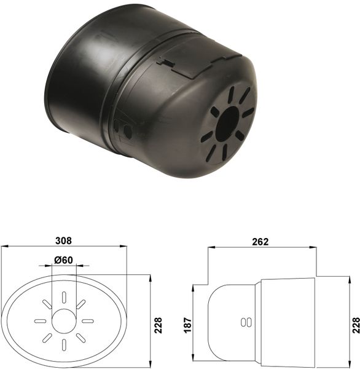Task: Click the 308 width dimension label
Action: (x=63, y=240)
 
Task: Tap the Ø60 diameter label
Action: (x=63, y=260)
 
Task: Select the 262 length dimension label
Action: (x=260, y=242)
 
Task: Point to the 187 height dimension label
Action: (x=188, y=325)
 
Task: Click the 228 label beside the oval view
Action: (x=158, y=325)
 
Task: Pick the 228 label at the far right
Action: (x=356, y=325)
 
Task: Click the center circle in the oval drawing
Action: (x=64, y=321)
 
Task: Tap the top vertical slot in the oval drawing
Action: (x=64, y=297)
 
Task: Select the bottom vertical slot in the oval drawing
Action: (x=64, y=345)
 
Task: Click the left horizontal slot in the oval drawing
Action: (x=40, y=321)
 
